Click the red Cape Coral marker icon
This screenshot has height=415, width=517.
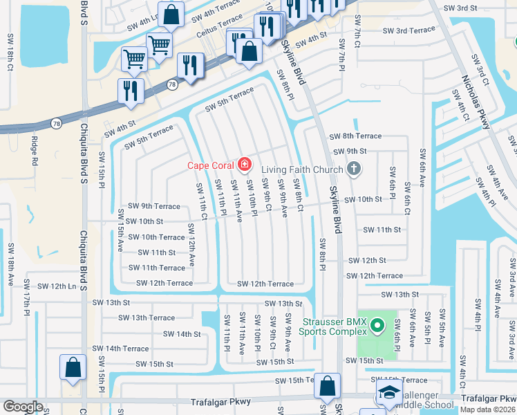click(x=243, y=165)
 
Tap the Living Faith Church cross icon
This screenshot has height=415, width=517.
click(x=353, y=169)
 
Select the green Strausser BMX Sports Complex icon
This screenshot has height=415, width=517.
click(x=377, y=325)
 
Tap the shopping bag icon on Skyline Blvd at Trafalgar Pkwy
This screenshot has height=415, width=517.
click(x=328, y=386)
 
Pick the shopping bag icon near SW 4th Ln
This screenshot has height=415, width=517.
click(x=173, y=13)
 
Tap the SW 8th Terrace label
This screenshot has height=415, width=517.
click(x=355, y=136)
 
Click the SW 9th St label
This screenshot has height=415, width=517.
click(x=350, y=151)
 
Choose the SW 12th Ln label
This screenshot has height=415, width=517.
click(x=57, y=286)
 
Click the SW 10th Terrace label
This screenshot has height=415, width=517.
click(x=152, y=237)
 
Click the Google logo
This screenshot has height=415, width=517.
click(x=23, y=407)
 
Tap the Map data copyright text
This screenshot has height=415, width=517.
click(x=488, y=409)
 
